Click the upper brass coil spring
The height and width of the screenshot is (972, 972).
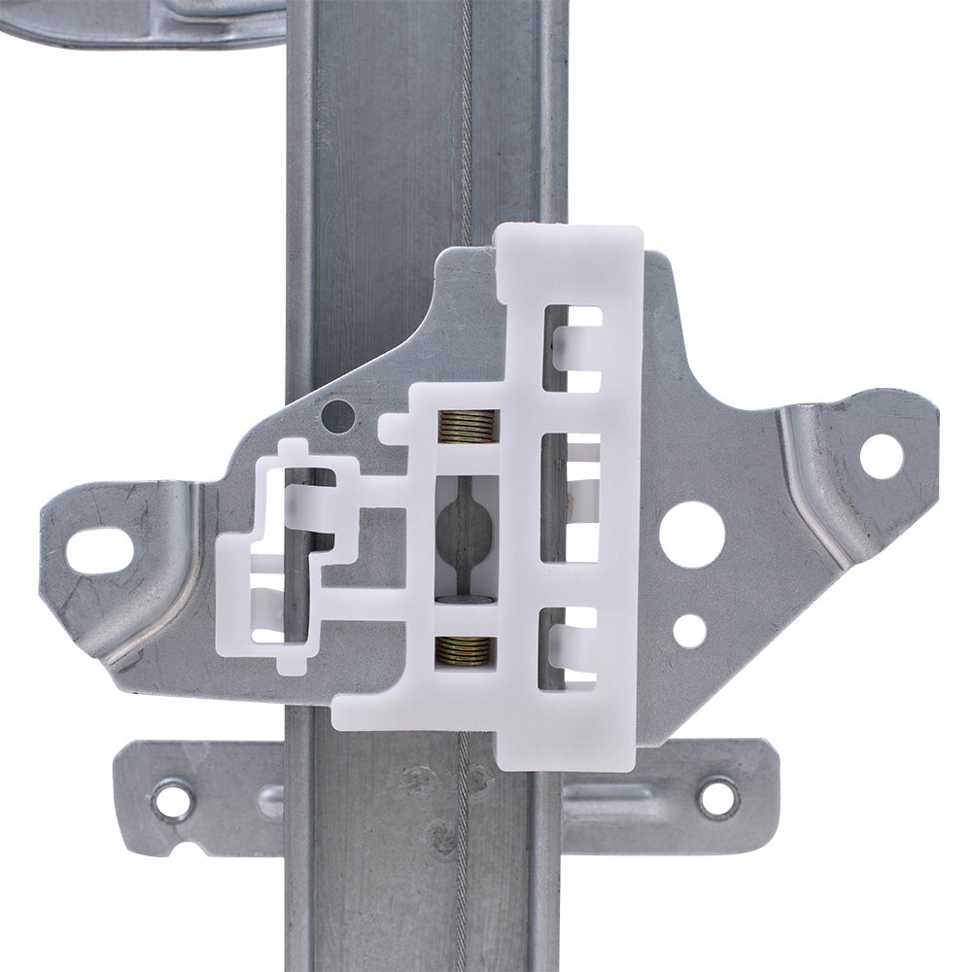[x=468, y=424]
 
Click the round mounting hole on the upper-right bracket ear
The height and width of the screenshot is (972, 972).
[x=881, y=456]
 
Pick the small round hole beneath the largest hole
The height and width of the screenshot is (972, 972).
[x=690, y=631]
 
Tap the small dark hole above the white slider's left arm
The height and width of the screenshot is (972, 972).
[x=338, y=417]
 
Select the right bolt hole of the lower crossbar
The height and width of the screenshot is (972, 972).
[x=718, y=799]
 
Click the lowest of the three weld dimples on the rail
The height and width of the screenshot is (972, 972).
[x=441, y=837]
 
